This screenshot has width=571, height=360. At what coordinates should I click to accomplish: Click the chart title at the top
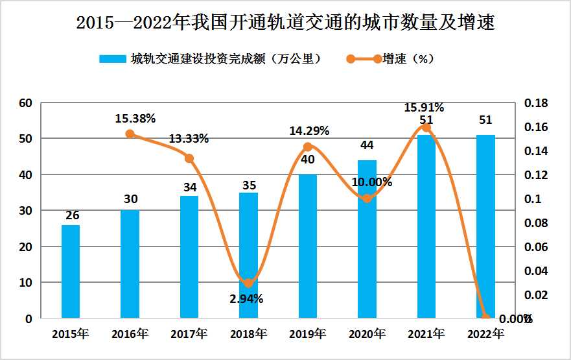[285, 24]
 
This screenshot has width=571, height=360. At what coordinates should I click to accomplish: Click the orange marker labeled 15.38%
[130, 134]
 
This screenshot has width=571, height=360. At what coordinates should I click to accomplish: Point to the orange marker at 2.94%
[248, 283]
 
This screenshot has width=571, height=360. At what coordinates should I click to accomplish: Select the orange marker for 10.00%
[367, 198]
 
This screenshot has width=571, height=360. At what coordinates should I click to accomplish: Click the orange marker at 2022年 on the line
[485, 317]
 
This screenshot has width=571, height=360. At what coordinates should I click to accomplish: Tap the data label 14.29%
[308, 130]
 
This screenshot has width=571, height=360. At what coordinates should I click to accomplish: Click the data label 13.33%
[189, 139]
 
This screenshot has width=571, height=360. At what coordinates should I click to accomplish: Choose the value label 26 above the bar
[71, 215]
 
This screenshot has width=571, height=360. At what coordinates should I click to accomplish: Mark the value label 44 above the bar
[367, 145]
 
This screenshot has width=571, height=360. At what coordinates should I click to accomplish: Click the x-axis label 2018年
[248, 335]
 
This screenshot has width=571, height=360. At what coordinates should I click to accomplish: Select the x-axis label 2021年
[426, 335]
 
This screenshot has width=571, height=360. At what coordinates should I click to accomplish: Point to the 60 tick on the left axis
[26, 103]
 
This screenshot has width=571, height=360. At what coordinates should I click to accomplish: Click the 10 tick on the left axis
[26, 283]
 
